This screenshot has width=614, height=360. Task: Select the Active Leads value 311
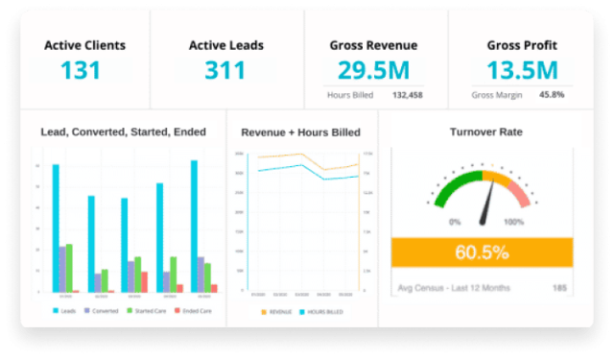(x=225, y=71)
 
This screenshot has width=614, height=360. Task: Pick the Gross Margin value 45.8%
(x=552, y=95)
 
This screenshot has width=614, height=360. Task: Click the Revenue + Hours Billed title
(x=300, y=132)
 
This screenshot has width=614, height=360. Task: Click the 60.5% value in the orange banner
(x=482, y=253)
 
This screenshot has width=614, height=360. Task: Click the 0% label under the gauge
(x=454, y=222)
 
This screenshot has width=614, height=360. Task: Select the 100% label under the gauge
(x=513, y=222)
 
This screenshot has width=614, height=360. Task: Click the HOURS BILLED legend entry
(x=323, y=311)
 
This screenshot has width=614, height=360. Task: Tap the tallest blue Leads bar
(x=194, y=226)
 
